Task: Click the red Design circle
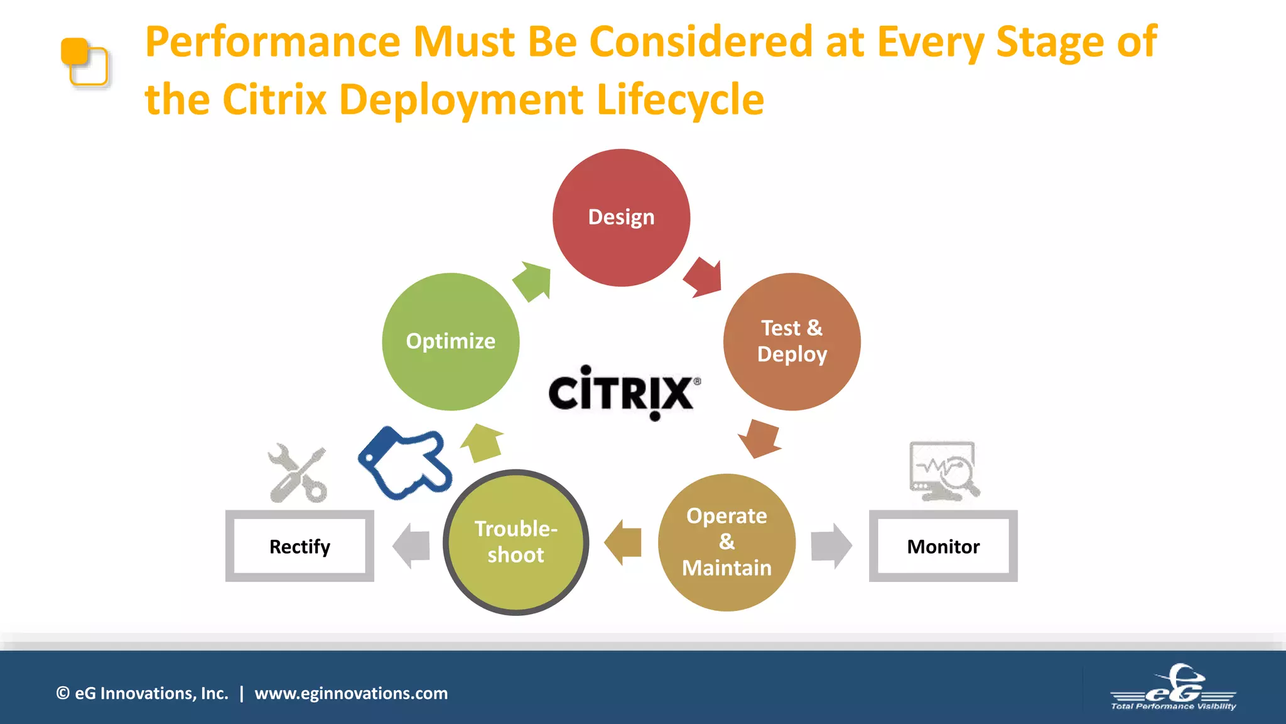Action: click(621, 217)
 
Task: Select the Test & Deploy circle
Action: click(792, 341)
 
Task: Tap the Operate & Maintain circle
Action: click(727, 542)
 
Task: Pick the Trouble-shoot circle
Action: click(516, 542)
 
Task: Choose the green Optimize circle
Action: click(450, 341)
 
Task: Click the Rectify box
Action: click(300, 546)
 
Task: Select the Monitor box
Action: click(943, 546)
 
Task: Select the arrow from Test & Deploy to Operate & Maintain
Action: click(759, 437)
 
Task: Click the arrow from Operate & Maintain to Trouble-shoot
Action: click(624, 542)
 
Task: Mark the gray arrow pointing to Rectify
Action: click(411, 546)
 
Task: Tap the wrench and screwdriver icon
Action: click(298, 473)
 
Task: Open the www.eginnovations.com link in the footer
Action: click(351, 693)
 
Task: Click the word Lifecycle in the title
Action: click(680, 99)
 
